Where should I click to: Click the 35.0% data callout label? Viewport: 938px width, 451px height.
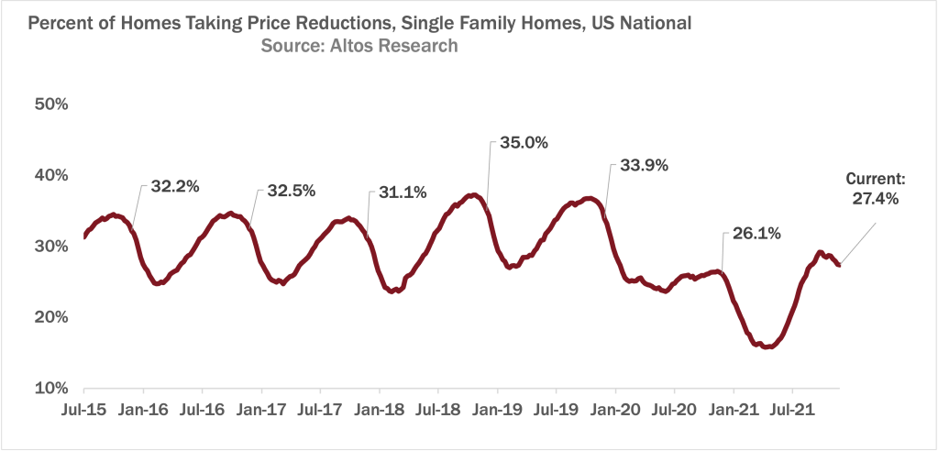524,143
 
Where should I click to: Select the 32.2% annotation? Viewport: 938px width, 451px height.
175,187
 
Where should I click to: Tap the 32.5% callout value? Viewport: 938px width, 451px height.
292,192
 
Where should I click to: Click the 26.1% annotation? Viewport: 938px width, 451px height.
756,234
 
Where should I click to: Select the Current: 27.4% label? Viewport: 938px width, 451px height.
876,188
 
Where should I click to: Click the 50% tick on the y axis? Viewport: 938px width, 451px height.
51,104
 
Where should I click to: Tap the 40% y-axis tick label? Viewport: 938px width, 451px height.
51,175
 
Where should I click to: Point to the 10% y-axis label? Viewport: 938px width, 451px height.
51,389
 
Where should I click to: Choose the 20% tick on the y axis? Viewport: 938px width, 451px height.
51,317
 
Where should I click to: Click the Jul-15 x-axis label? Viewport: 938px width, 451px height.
84,409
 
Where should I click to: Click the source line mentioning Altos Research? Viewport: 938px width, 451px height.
359,45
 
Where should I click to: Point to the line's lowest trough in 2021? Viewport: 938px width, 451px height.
767,346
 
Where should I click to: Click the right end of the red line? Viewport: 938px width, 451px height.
838,265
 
